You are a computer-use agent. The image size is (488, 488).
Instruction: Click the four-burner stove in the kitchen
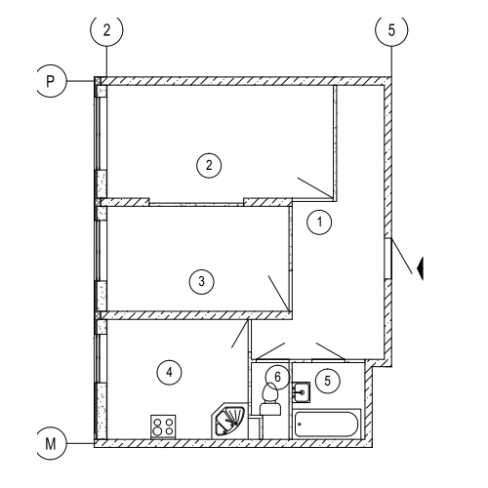163,427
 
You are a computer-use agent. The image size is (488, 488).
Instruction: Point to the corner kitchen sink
228,422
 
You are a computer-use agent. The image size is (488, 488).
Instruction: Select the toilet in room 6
269,399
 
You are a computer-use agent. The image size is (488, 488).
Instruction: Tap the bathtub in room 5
327,424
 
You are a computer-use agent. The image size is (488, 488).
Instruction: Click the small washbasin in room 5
301,392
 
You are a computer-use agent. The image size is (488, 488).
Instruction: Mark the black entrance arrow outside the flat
420,268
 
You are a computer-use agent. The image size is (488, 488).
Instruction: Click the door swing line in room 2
315,187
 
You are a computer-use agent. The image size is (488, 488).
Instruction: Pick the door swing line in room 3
278,293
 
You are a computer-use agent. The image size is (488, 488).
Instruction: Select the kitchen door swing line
240,334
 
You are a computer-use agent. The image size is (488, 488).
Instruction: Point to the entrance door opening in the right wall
387,260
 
